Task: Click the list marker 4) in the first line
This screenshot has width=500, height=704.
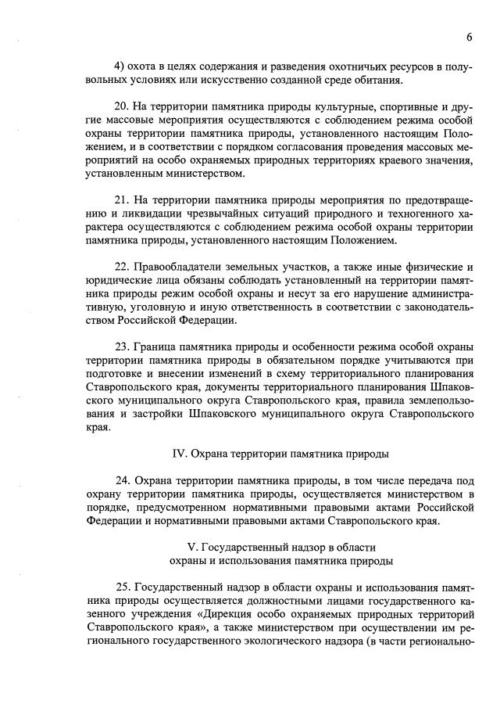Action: tap(121, 63)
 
